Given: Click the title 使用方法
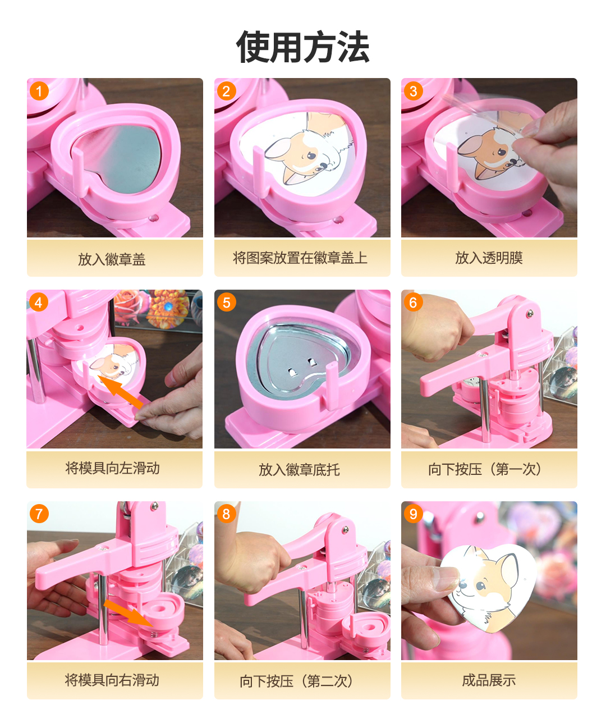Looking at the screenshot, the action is (302, 47).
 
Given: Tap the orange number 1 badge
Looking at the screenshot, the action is (39, 91).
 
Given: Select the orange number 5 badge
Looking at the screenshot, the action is (226, 303).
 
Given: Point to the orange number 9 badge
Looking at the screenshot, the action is (413, 514).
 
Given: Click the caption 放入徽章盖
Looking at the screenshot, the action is (112, 259).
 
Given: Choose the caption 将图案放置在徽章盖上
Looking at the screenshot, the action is (300, 258).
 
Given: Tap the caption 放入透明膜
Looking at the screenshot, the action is (489, 258).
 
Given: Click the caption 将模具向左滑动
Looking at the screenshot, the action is (112, 468).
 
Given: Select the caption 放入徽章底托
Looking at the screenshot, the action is (300, 470).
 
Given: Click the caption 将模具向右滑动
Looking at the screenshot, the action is (112, 680).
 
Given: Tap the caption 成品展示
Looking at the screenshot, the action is (489, 680).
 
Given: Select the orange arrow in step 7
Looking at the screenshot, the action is (128, 613).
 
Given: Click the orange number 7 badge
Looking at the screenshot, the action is (39, 514).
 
